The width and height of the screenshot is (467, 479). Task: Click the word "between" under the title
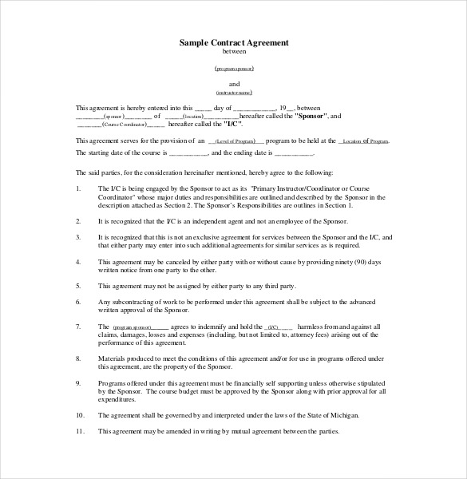(x=233, y=53)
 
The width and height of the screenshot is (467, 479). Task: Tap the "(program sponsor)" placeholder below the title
(x=234, y=69)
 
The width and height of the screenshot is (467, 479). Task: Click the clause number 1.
(x=77, y=188)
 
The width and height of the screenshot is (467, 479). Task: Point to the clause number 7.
(x=77, y=327)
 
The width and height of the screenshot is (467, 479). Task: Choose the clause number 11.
(x=79, y=432)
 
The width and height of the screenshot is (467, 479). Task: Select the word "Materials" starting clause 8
(x=113, y=358)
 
